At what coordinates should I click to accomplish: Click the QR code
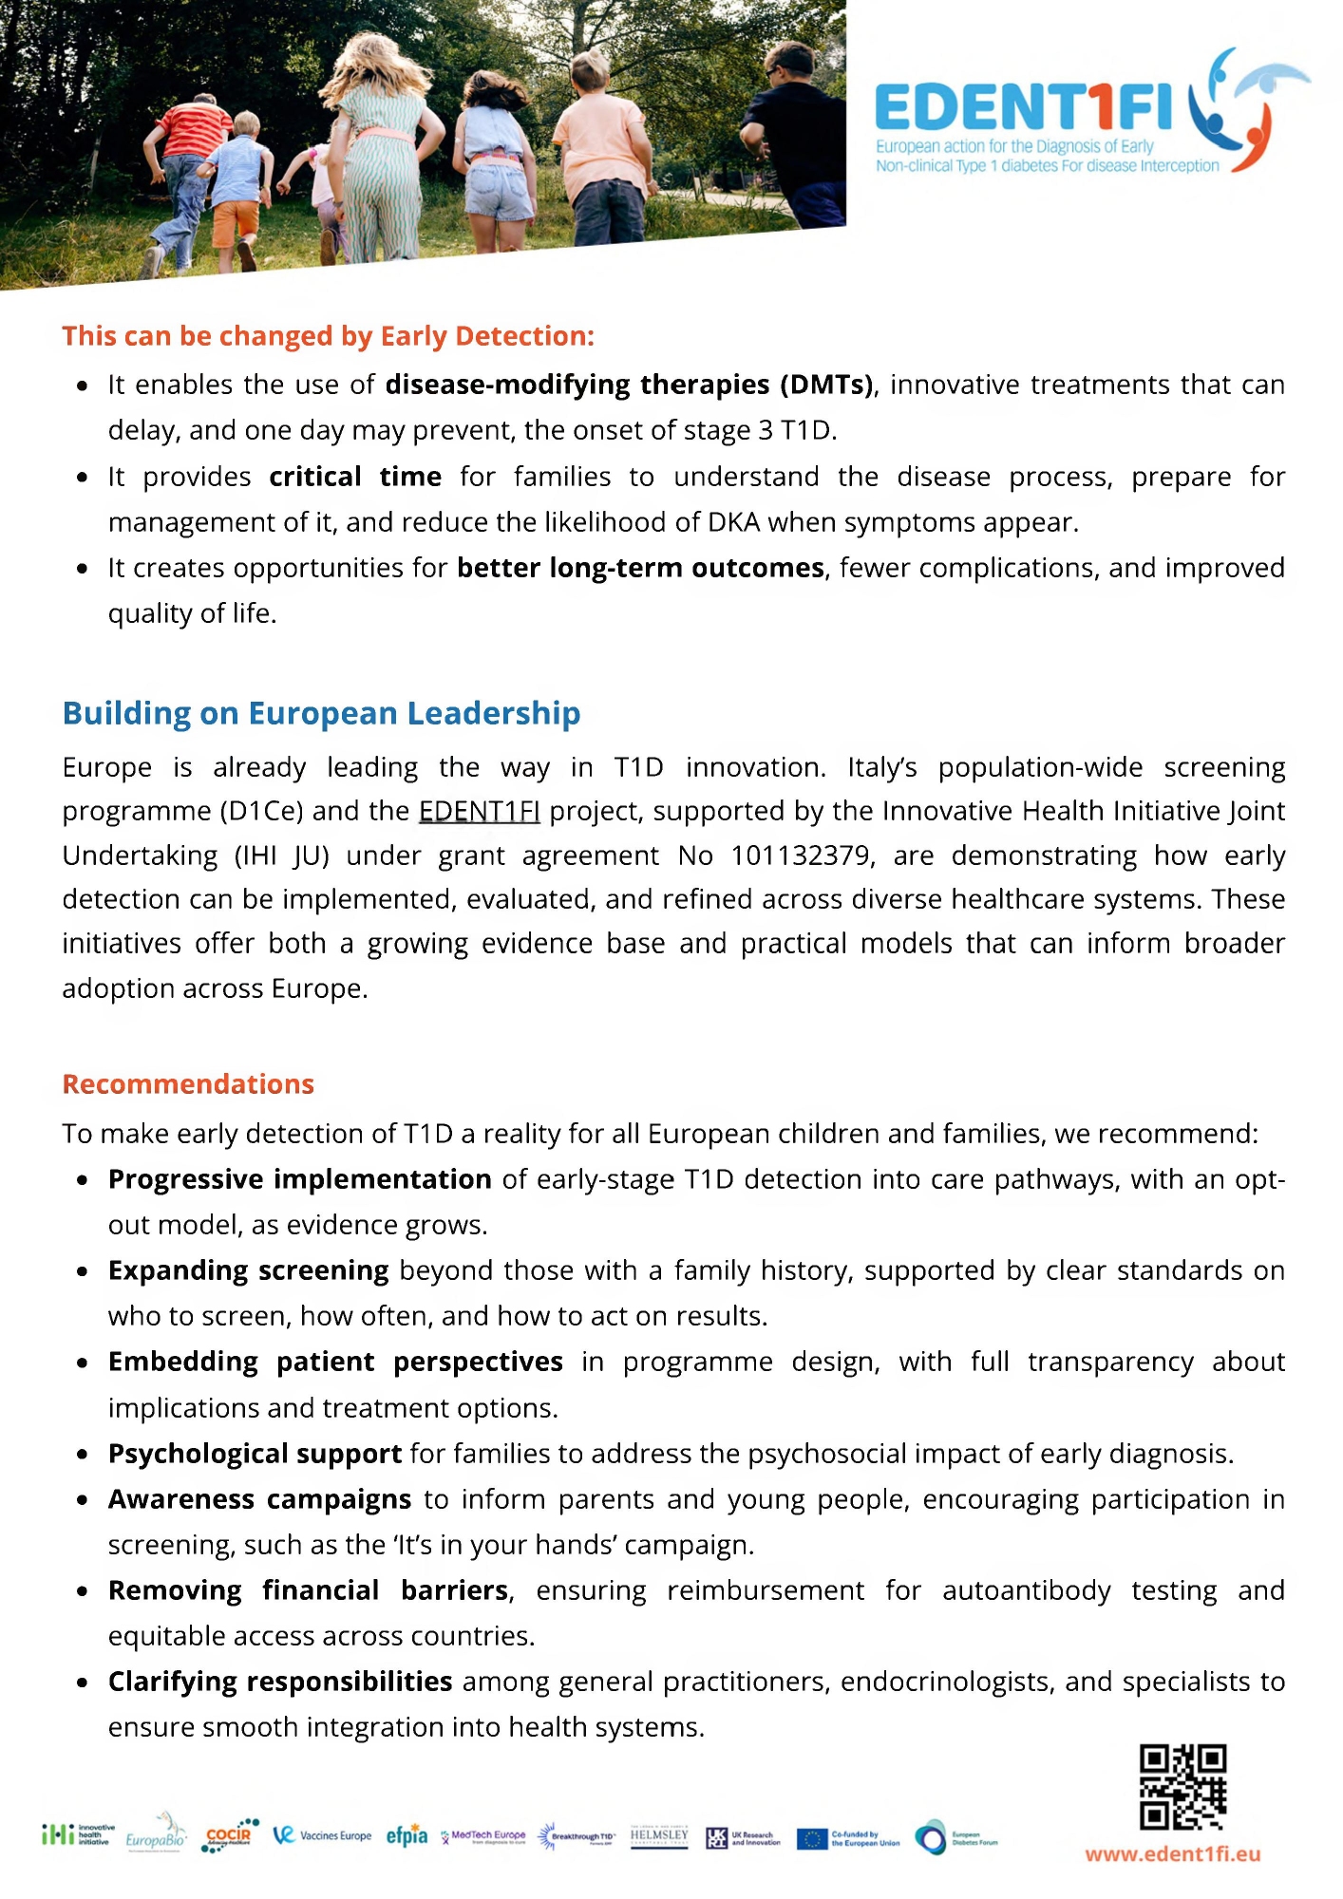point(1182,1786)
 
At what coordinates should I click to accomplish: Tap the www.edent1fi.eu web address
point(1173,1854)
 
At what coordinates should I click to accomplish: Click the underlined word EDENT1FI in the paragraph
point(479,811)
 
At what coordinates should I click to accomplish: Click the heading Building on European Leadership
point(321,713)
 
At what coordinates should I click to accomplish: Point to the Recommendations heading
point(188,1084)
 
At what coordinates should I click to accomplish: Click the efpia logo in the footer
point(407,1836)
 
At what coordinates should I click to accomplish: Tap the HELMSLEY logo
point(659,1836)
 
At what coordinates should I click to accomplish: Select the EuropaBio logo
point(157,1834)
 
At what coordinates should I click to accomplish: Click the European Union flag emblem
point(812,1838)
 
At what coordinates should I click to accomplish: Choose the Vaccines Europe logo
point(322,1835)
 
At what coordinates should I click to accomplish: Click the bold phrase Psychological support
point(255,1454)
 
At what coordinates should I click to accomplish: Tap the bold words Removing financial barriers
point(309,1590)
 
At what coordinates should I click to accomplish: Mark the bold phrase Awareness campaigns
point(259,1499)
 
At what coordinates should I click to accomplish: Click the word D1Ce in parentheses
point(261,811)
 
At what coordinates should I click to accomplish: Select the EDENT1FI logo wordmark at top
point(1023,107)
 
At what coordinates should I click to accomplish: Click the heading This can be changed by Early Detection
point(328,336)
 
